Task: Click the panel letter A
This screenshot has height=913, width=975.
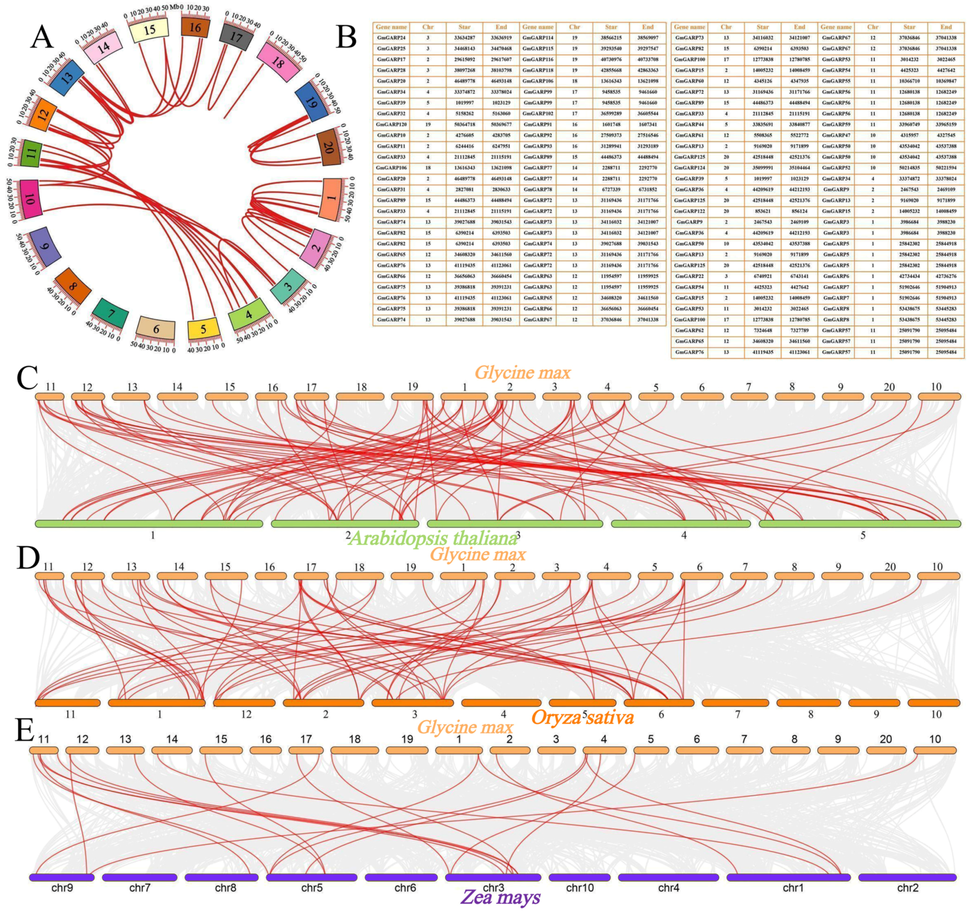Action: pos(42,38)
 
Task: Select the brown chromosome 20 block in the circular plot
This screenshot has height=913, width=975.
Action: pos(329,147)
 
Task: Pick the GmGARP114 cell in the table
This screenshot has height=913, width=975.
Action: pos(538,38)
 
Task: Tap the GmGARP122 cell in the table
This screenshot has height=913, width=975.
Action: pos(689,211)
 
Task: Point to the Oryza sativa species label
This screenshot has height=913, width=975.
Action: pos(583,718)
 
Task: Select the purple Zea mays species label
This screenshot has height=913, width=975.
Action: pos(501,897)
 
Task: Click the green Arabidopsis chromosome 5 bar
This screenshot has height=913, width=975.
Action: pos(859,524)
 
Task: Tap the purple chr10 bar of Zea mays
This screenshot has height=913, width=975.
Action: pos(579,877)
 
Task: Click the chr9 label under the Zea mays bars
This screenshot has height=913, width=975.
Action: pos(62,888)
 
